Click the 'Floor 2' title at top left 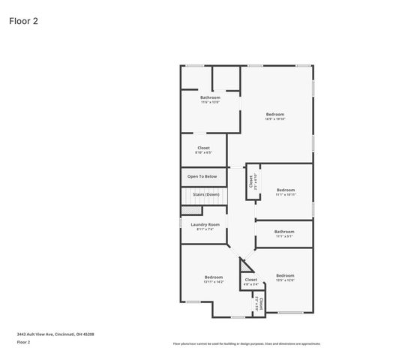(x=23, y=20)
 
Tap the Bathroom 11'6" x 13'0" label (x=210, y=99)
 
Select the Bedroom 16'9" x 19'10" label (x=275, y=115)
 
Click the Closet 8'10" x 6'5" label (x=204, y=149)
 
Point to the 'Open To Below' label (x=202, y=176)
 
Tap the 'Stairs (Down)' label (x=206, y=194)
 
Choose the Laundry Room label (x=205, y=226)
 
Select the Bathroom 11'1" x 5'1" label (x=284, y=233)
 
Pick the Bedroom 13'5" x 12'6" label (x=284, y=277)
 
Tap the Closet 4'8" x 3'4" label (x=251, y=281)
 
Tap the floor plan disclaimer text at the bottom (x=247, y=343)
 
